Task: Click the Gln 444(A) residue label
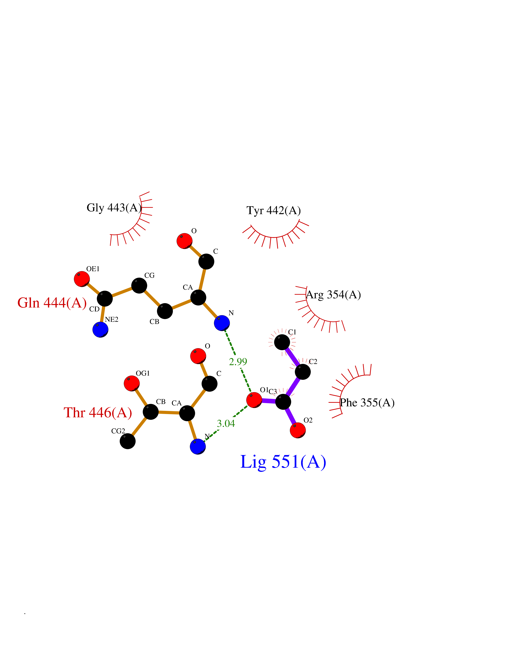pyautogui.click(x=52, y=303)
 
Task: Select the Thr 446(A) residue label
pyautogui.click(x=98, y=413)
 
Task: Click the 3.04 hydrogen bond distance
pyautogui.click(x=226, y=423)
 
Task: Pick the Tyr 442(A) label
pyautogui.click(x=273, y=211)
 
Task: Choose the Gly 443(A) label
pyautogui.click(x=114, y=208)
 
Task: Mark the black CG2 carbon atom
pyautogui.click(x=128, y=441)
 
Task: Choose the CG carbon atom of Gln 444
pyautogui.click(x=139, y=285)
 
